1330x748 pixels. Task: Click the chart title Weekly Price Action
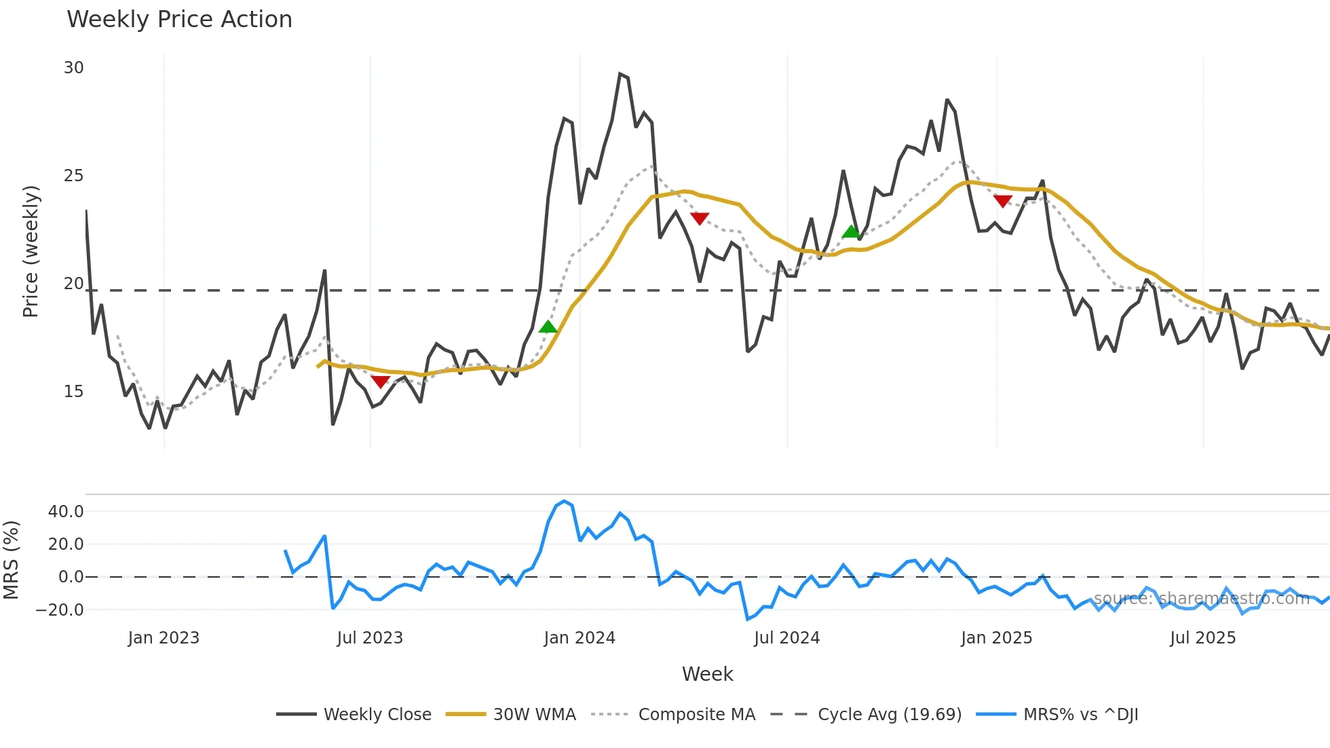coord(179,20)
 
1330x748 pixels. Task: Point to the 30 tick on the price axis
coord(73,68)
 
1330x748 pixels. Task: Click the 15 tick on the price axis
coord(73,392)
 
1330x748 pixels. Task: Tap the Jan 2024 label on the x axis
coord(579,638)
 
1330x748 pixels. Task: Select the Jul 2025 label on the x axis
coord(1202,638)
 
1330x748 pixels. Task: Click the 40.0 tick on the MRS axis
coord(66,512)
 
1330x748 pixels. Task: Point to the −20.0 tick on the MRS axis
coord(60,610)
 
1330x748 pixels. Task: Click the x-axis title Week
coord(707,674)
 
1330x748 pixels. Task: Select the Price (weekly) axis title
coord(31,251)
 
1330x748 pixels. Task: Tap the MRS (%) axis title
coord(11,560)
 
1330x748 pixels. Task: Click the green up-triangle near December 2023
coord(548,327)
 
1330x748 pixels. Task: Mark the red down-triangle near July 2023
coord(380,381)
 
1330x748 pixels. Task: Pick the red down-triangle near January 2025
coord(1003,201)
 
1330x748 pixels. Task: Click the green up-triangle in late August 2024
coord(851,232)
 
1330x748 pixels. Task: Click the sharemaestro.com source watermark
coord(1201,599)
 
